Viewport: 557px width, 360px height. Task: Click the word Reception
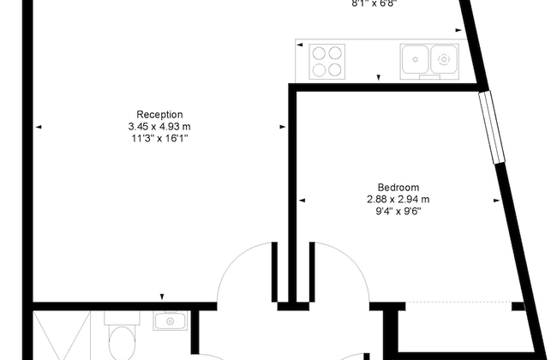point(159,115)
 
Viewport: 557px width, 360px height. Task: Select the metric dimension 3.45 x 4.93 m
point(159,126)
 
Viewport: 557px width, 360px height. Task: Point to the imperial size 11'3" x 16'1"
point(159,137)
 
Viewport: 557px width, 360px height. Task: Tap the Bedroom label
point(398,188)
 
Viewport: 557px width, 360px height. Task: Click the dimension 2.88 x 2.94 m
point(398,199)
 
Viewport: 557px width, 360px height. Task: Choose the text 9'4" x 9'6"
point(398,210)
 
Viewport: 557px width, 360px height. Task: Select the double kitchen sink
point(429,59)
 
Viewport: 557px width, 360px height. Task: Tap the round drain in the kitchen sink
point(443,59)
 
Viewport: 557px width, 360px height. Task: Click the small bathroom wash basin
point(168,321)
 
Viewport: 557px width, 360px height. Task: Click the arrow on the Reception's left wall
point(39,127)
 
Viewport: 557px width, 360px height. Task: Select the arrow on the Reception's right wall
point(282,127)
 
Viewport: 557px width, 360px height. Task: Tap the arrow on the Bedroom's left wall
point(302,200)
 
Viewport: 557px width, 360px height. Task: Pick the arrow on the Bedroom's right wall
point(496,200)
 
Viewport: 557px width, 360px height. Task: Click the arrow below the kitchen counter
point(379,79)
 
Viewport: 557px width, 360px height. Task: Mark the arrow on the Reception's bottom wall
point(161,297)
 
